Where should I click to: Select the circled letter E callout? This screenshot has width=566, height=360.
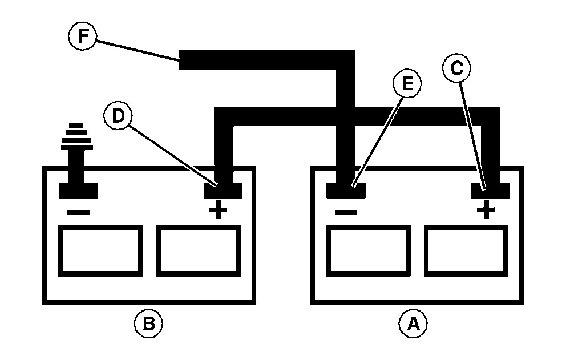point(407,84)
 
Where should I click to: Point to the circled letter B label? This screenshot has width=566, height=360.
point(148,324)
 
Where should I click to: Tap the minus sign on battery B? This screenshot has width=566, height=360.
point(78,212)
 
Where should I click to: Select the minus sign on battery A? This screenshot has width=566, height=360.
point(346,212)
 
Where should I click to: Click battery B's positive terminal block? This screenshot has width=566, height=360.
point(223,189)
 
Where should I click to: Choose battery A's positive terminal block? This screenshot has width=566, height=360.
point(490,190)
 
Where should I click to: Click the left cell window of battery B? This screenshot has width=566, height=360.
point(100,250)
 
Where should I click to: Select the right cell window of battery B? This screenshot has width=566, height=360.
point(197,250)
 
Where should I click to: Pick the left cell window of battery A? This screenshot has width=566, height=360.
point(367,250)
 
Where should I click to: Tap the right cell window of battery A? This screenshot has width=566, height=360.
point(465,250)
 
